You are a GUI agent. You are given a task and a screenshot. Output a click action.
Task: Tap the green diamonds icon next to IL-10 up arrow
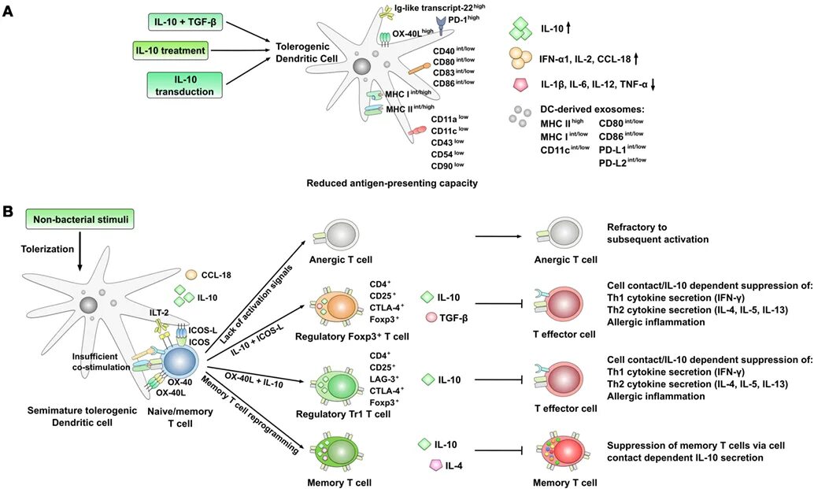tap(520, 28)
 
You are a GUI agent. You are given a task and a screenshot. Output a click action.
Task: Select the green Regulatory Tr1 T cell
tap(336, 381)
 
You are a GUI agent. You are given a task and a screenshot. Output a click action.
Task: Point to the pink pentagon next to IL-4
tap(434, 465)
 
